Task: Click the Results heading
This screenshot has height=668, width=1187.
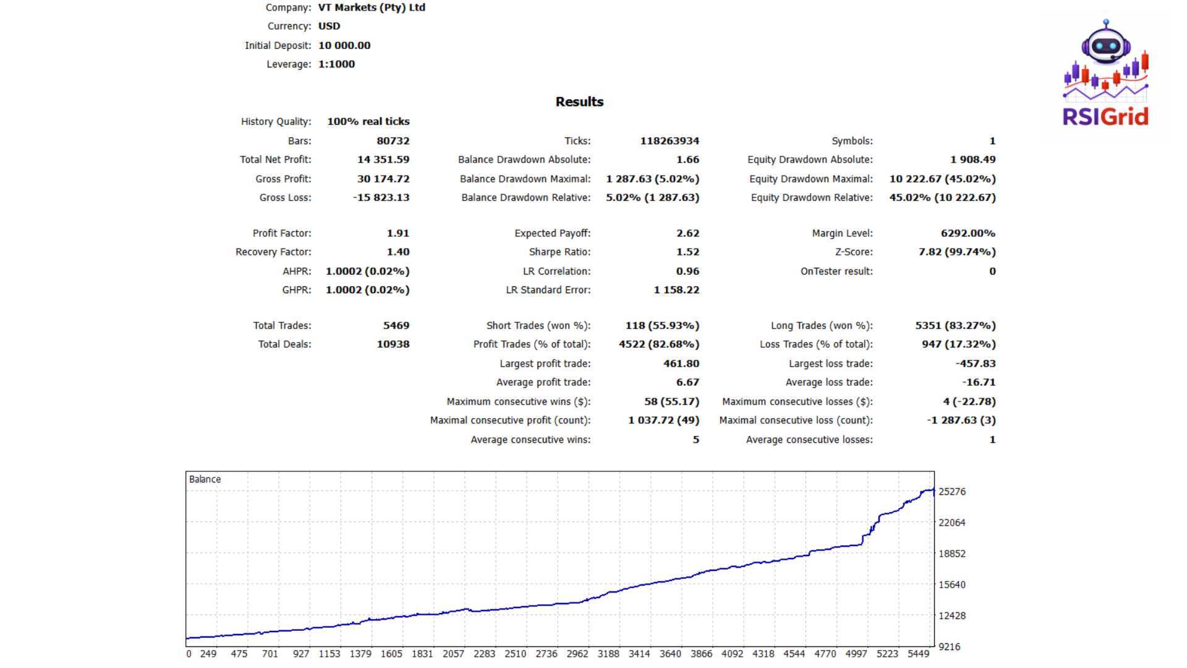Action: click(579, 102)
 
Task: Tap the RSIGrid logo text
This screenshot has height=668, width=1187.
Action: click(1105, 116)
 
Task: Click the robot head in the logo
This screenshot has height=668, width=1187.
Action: click(1105, 45)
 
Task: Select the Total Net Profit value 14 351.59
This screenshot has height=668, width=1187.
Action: click(383, 160)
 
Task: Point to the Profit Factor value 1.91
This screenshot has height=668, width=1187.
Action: click(398, 233)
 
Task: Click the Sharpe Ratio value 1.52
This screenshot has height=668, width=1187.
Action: click(687, 252)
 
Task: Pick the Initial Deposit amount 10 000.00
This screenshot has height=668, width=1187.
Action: click(344, 45)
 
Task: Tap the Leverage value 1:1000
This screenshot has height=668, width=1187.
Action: click(336, 64)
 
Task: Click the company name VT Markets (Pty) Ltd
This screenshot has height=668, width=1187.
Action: click(372, 7)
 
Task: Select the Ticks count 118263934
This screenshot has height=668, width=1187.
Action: click(670, 141)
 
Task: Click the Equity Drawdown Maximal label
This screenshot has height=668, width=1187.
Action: click(810, 179)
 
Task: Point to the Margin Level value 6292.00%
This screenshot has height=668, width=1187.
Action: click(968, 233)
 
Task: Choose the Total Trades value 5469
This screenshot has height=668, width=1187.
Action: click(396, 325)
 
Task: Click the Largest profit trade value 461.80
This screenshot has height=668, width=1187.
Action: click(681, 364)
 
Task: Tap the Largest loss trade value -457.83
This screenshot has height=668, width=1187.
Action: click(976, 364)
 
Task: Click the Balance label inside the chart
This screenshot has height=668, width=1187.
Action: click(205, 479)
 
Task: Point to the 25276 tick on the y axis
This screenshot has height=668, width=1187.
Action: click(951, 492)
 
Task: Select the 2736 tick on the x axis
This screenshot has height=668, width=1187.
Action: click(546, 654)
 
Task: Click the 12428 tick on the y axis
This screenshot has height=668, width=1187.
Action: click(951, 615)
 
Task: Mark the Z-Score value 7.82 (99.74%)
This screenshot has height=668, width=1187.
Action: click(957, 252)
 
